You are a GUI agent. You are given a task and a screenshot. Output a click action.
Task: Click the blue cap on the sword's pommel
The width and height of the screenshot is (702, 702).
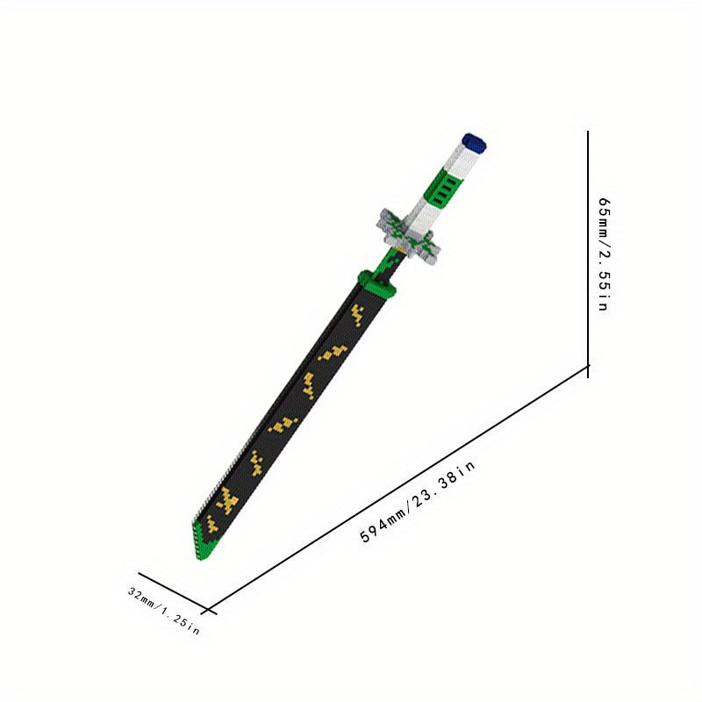tap(475, 143)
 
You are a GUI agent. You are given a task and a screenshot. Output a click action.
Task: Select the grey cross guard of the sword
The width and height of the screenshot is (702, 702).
tap(407, 235)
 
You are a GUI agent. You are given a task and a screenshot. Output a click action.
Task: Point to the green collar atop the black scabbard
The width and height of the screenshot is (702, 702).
tap(377, 284)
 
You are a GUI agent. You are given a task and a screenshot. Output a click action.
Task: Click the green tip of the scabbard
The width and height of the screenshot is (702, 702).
tap(203, 540)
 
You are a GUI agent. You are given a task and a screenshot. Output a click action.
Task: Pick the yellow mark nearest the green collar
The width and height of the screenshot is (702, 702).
tap(357, 315)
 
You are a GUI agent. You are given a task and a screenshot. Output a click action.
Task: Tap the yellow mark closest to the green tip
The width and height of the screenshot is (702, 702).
tap(211, 524)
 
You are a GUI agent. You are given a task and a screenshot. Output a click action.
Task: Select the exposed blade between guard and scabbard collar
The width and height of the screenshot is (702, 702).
tap(390, 263)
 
